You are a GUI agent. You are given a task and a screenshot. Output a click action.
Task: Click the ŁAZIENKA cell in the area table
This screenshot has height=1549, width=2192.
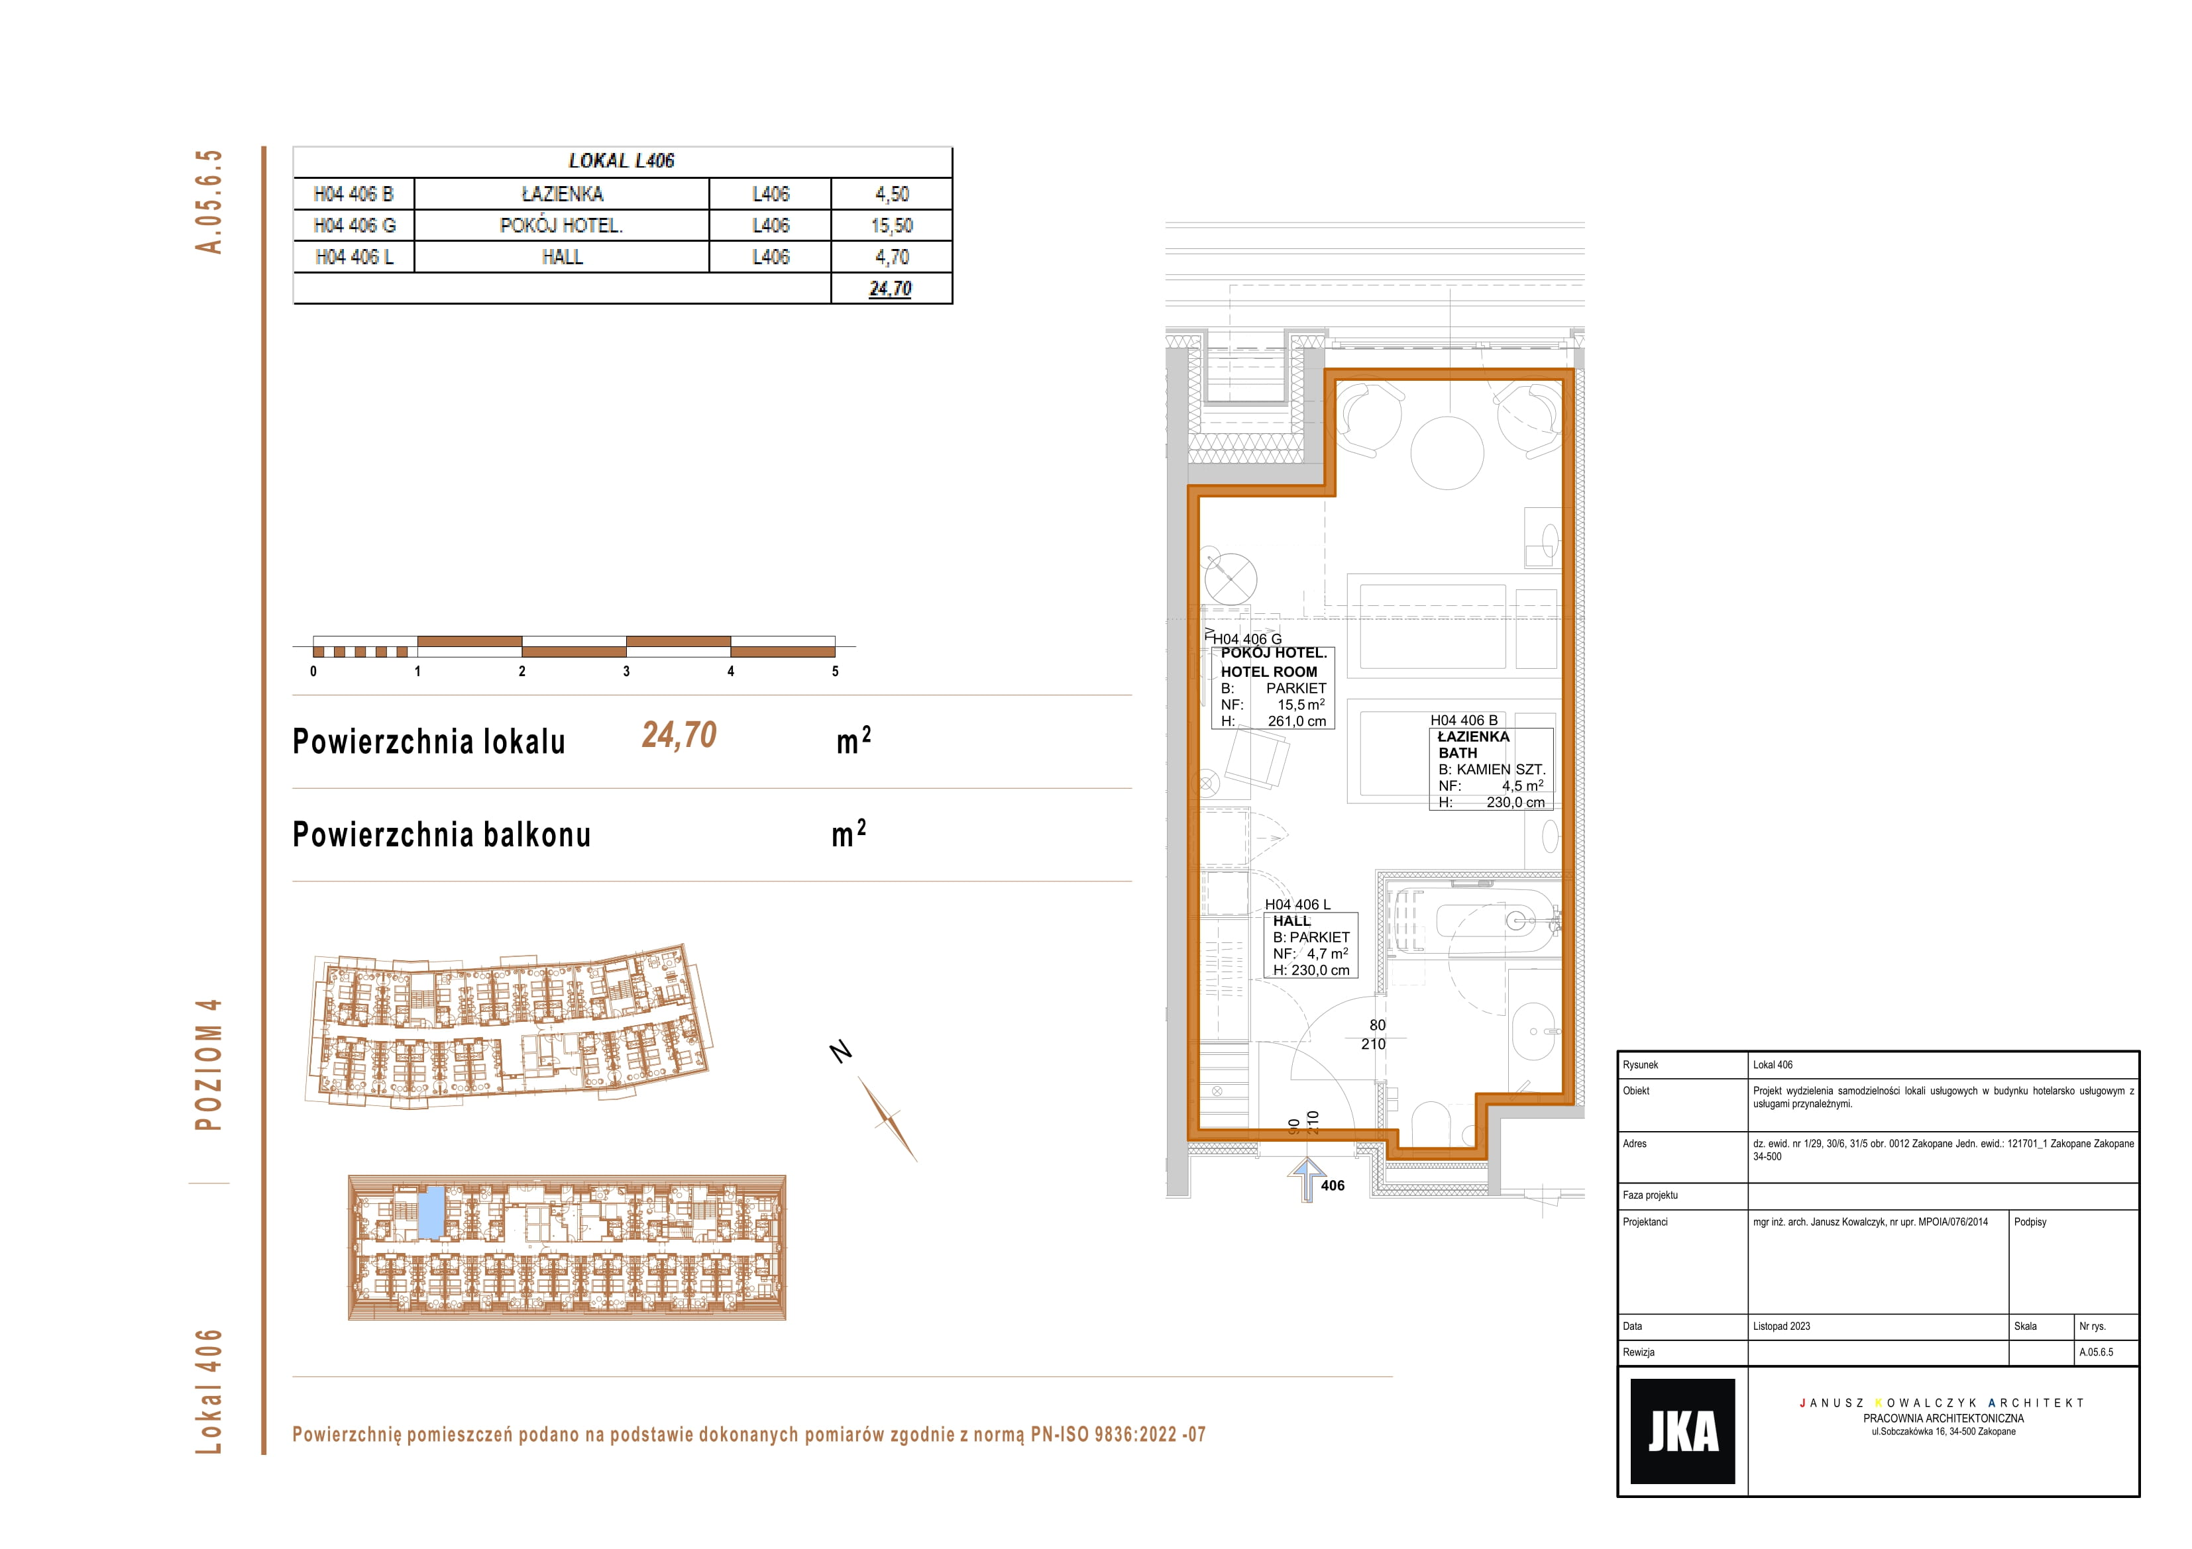pos(563,194)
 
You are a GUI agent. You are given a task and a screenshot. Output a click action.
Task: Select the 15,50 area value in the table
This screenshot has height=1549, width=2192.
pos(892,225)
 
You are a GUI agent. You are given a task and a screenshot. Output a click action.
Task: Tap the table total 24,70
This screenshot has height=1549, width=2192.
pos(891,288)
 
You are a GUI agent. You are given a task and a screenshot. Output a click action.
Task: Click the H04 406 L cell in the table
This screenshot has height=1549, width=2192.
pos(355,257)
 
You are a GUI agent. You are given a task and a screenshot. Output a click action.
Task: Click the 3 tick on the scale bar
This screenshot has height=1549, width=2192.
pos(626,671)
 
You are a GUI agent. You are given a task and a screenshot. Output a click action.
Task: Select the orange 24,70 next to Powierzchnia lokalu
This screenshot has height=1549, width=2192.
pos(679,735)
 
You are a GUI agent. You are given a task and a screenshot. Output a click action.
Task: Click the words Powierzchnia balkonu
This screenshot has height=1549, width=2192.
pos(441,834)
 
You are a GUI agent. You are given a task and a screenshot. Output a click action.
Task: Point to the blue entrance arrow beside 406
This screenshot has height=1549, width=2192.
pos(1306,1179)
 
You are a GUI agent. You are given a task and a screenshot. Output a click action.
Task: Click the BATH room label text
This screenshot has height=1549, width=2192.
pos(1458,753)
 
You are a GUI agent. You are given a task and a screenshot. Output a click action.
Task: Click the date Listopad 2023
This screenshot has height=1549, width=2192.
pos(1781,1326)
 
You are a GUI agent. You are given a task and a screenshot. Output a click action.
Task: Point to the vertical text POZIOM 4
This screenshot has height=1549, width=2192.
pos(208,1064)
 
